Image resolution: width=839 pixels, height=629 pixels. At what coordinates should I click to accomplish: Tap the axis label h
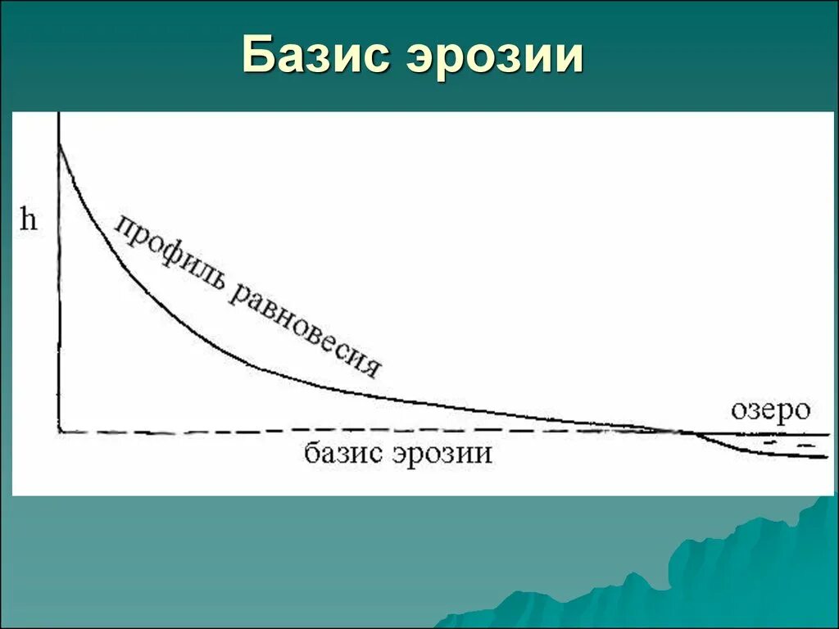[x=29, y=221]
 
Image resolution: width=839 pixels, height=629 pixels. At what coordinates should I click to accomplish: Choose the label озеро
[x=769, y=410]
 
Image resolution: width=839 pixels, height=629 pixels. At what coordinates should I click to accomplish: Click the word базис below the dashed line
[x=344, y=453]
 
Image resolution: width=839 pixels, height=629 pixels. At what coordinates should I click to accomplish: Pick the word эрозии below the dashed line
[x=442, y=453]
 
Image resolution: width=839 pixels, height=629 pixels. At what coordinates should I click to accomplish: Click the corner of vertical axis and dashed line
[x=60, y=431]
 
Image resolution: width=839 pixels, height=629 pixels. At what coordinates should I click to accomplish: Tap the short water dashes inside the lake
[x=787, y=443]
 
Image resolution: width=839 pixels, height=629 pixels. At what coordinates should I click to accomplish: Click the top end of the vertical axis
[x=60, y=114]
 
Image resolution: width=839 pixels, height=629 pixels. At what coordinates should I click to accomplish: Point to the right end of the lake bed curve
[x=826, y=456]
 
